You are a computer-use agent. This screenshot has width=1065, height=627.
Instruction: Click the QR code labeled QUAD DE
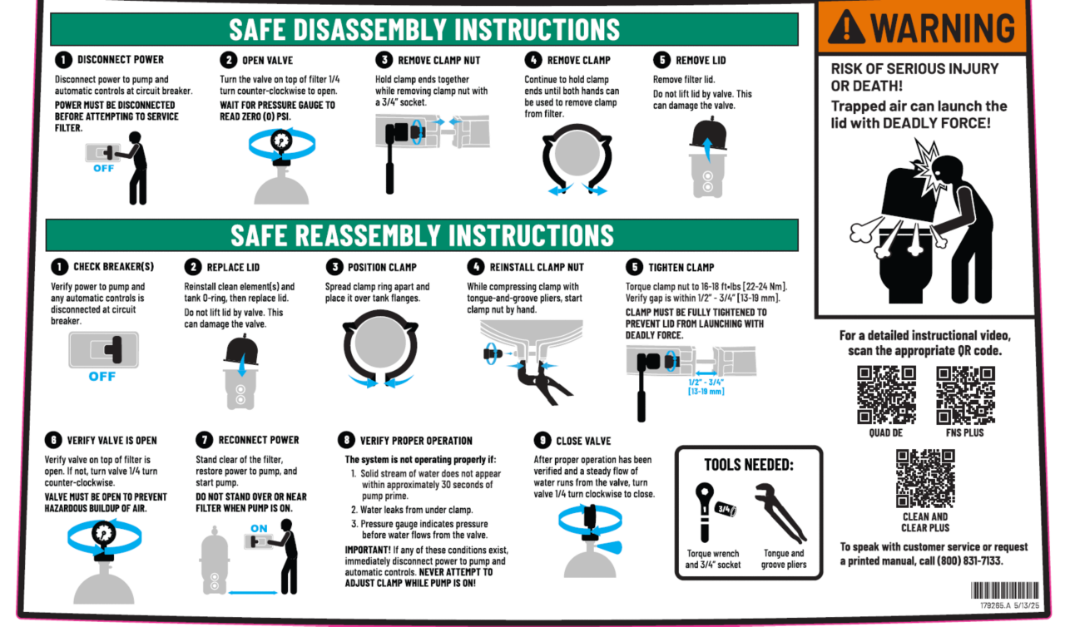click(x=886, y=395)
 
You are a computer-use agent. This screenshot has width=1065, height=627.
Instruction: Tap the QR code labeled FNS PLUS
click(x=965, y=395)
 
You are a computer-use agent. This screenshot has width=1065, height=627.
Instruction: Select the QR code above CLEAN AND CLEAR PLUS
click(x=925, y=478)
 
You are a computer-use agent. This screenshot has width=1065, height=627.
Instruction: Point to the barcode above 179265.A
click(x=1004, y=590)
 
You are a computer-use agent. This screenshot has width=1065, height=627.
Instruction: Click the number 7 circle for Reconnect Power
click(x=204, y=440)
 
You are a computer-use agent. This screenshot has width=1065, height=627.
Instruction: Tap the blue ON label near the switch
click(x=259, y=528)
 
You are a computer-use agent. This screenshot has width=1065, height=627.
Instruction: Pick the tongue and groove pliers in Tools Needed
click(x=780, y=513)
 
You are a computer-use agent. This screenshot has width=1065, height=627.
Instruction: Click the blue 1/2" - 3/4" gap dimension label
click(x=706, y=387)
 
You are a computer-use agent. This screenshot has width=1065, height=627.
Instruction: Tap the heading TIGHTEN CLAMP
click(x=681, y=268)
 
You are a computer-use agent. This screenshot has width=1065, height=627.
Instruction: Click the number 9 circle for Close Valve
click(x=542, y=441)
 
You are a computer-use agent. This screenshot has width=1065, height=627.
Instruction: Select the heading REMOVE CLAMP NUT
click(x=438, y=61)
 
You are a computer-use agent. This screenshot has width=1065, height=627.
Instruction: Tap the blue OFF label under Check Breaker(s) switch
click(x=102, y=377)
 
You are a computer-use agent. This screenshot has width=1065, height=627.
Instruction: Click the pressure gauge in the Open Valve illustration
click(x=281, y=141)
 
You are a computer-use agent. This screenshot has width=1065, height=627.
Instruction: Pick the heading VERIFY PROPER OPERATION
click(x=416, y=441)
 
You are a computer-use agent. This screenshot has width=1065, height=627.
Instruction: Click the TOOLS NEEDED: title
click(x=749, y=465)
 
